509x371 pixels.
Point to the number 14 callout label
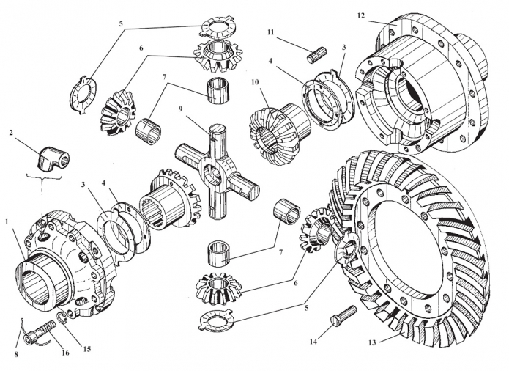click(313, 341)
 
